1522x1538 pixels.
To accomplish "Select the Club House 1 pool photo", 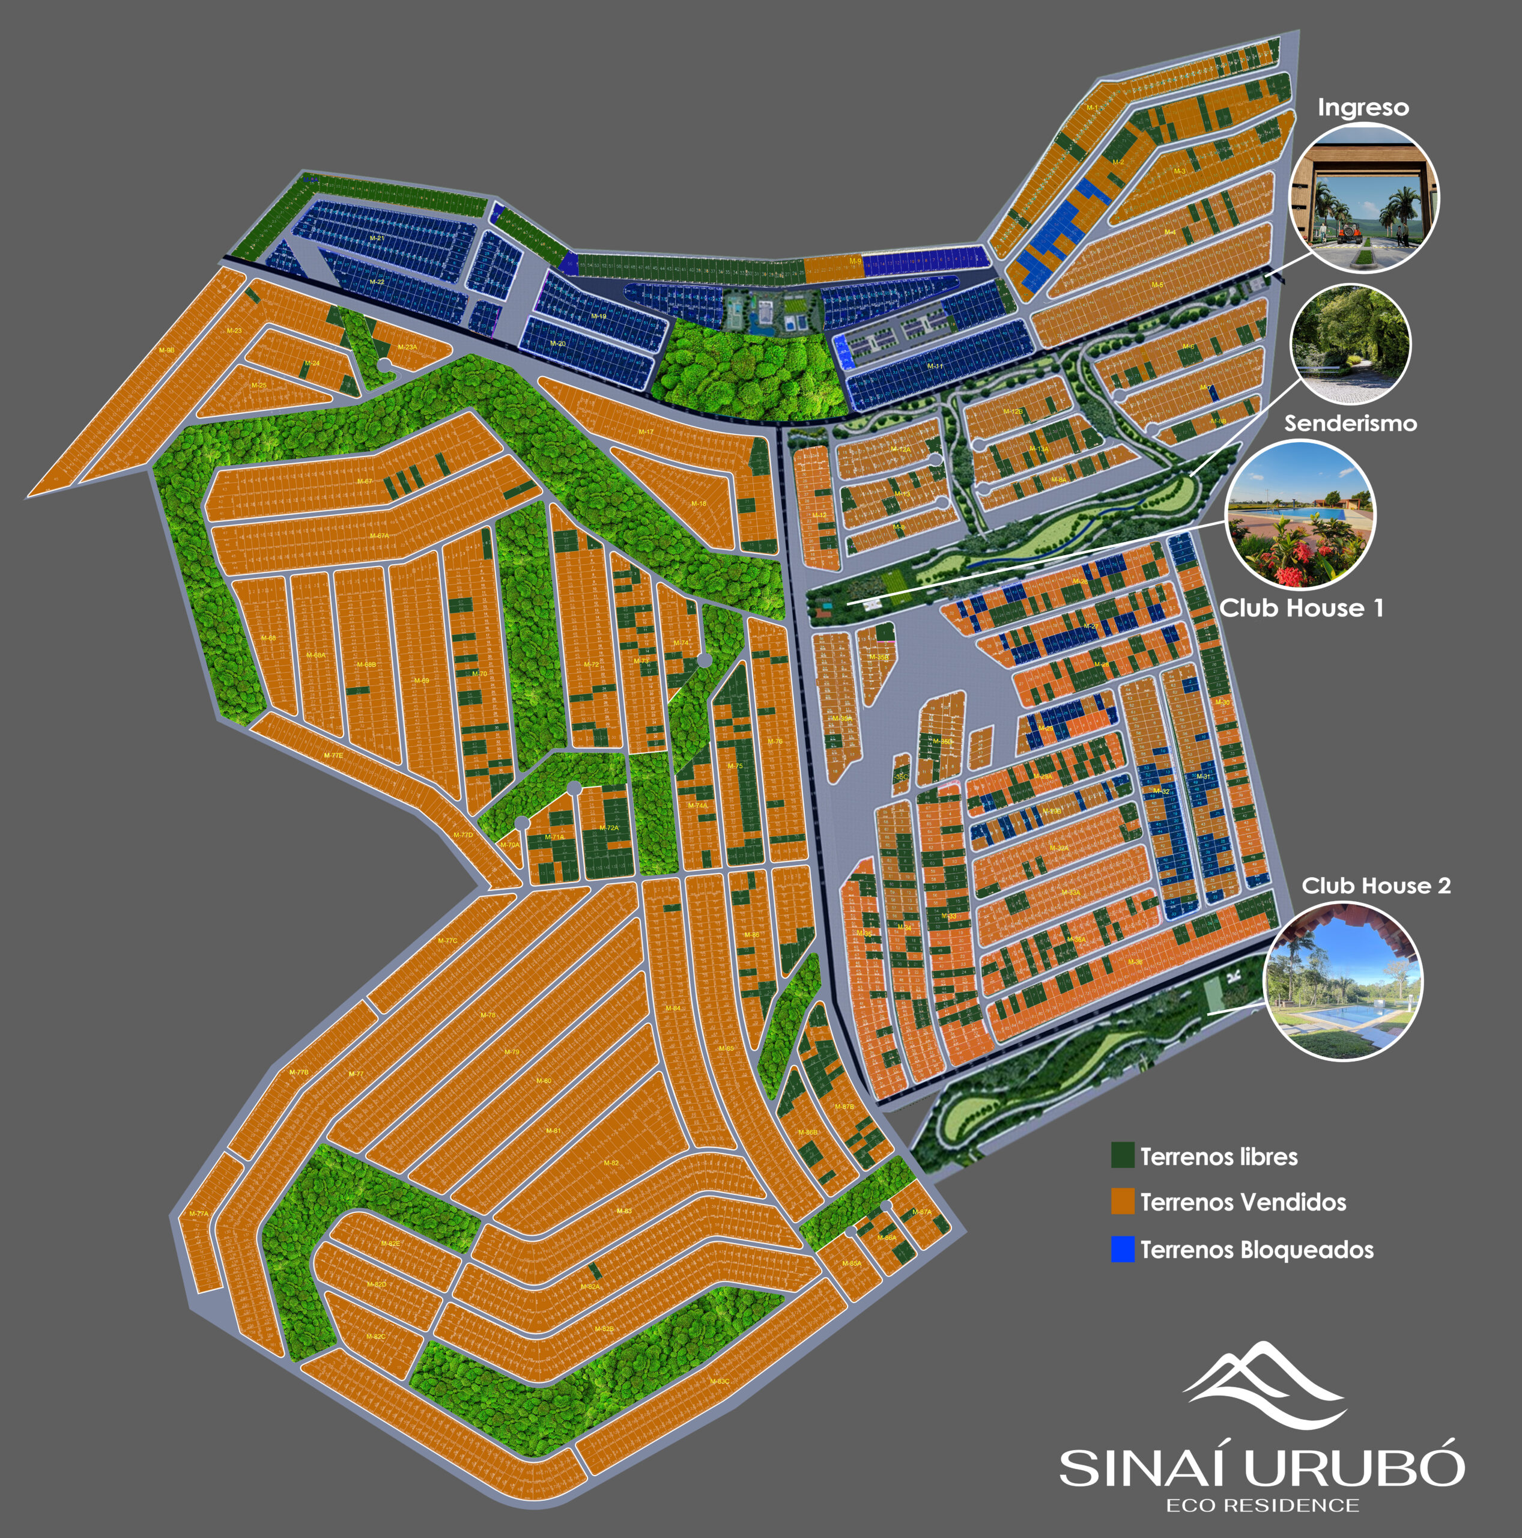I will [x=1300, y=514].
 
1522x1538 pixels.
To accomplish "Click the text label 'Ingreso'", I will [x=1363, y=108].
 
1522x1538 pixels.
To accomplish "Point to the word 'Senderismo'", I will [x=1350, y=423].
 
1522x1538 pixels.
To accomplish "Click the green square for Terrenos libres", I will [x=1123, y=1155].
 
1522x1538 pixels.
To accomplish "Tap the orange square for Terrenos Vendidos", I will [x=1123, y=1202].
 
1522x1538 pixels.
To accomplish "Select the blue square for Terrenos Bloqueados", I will [x=1123, y=1248].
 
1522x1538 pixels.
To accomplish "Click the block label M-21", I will [x=377, y=238].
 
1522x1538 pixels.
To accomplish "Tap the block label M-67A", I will [x=380, y=536].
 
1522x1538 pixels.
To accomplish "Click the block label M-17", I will [x=646, y=433].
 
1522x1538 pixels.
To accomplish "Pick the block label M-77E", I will [x=333, y=755].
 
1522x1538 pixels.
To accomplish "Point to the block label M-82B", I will [x=604, y=1329].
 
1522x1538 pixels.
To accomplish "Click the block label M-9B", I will [x=166, y=350].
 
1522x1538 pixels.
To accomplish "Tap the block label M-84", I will [x=673, y=1008].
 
